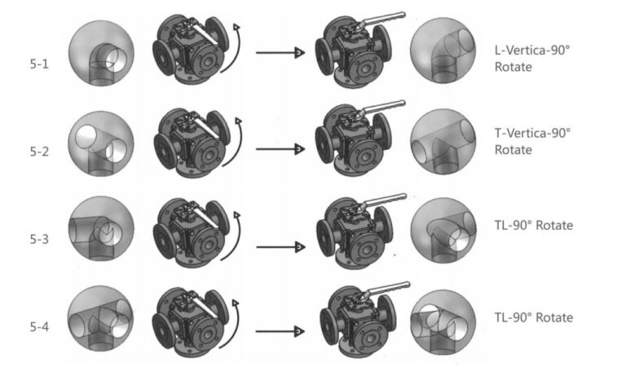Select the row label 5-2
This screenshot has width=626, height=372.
(x=38, y=151)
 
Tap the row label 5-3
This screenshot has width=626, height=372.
(x=38, y=239)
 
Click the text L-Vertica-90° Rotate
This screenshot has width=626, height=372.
(x=532, y=58)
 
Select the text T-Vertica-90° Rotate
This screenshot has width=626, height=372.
(x=532, y=142)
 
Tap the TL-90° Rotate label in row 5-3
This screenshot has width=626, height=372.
(x=533, y=225)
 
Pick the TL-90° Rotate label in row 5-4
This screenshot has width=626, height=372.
(x=533, y=317)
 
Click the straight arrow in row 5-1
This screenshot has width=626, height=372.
(x=280, y=53)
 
